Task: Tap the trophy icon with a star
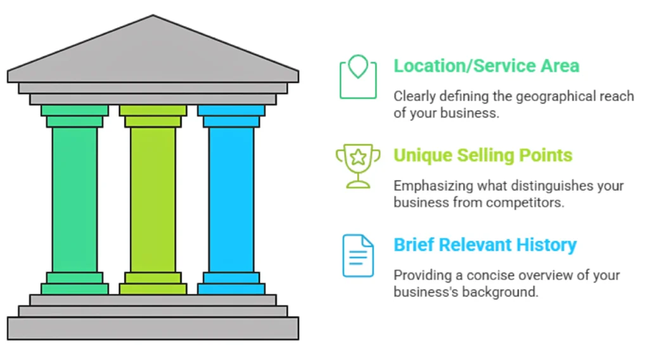358,165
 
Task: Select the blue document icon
358,255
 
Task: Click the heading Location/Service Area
486,66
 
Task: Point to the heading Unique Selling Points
482,155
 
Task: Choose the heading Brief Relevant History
485,245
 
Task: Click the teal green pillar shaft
75,200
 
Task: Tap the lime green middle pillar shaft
153,200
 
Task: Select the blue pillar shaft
231,200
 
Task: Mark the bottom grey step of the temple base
153,328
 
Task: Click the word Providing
420,276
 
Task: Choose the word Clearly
414,96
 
